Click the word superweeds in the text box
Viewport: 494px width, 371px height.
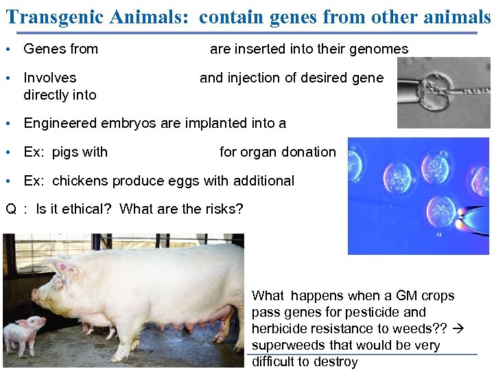(x=287, y=345)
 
